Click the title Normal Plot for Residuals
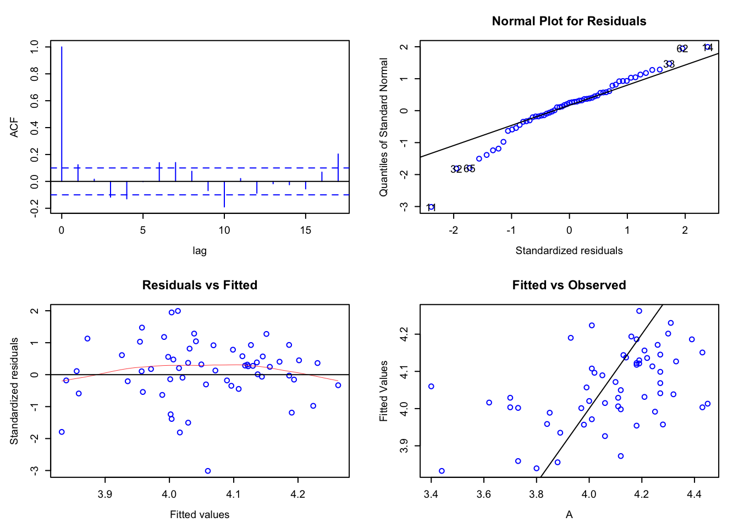569,21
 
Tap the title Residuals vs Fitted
200,285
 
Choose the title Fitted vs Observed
569,285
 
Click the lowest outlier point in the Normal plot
432,207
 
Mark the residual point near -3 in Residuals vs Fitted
208,471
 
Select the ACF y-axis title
14,127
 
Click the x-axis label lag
200,251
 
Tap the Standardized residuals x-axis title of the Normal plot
569,251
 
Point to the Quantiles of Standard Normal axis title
384,127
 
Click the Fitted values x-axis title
200,515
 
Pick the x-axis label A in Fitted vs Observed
569,515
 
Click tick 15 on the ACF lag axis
306,230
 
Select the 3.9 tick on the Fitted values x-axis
105,494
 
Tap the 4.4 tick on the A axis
694,494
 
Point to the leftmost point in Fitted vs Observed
431,386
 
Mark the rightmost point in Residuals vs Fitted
338,385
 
